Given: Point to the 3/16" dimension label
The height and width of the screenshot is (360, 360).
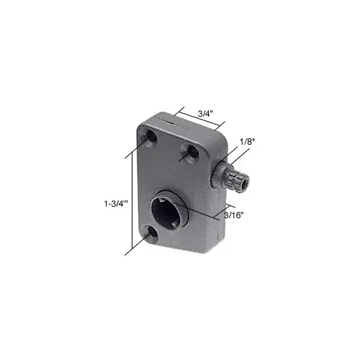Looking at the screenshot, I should click(235, 215).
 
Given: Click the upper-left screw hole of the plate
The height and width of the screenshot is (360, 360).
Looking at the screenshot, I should click(149, 136).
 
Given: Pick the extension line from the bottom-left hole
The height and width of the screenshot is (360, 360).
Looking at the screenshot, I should click(137, 245).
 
